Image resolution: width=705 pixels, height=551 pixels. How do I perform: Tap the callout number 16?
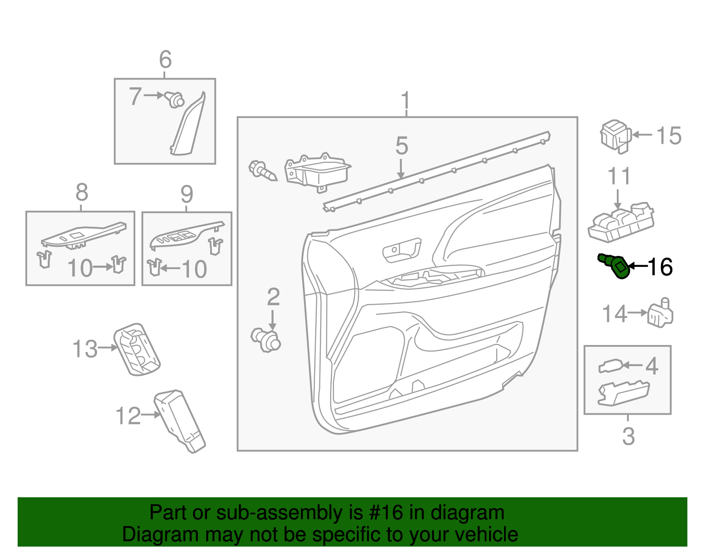point(660,267)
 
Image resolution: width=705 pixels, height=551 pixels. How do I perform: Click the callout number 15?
point(669,136)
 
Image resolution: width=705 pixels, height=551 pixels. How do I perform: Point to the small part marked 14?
point(660,314)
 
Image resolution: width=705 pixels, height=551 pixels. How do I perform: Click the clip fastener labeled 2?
point(266,340)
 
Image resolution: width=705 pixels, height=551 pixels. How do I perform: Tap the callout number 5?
point(401,146)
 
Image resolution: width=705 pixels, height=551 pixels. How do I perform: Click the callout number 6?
point(165,60)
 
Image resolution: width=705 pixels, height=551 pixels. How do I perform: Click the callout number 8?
point(82,193)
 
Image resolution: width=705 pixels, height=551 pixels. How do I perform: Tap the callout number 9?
point(187,194)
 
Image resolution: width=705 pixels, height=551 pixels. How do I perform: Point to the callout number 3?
point(628,436)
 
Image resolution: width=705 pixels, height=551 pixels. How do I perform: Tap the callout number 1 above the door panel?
point(405,101)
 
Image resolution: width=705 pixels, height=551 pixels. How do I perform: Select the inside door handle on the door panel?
point(402,250)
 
